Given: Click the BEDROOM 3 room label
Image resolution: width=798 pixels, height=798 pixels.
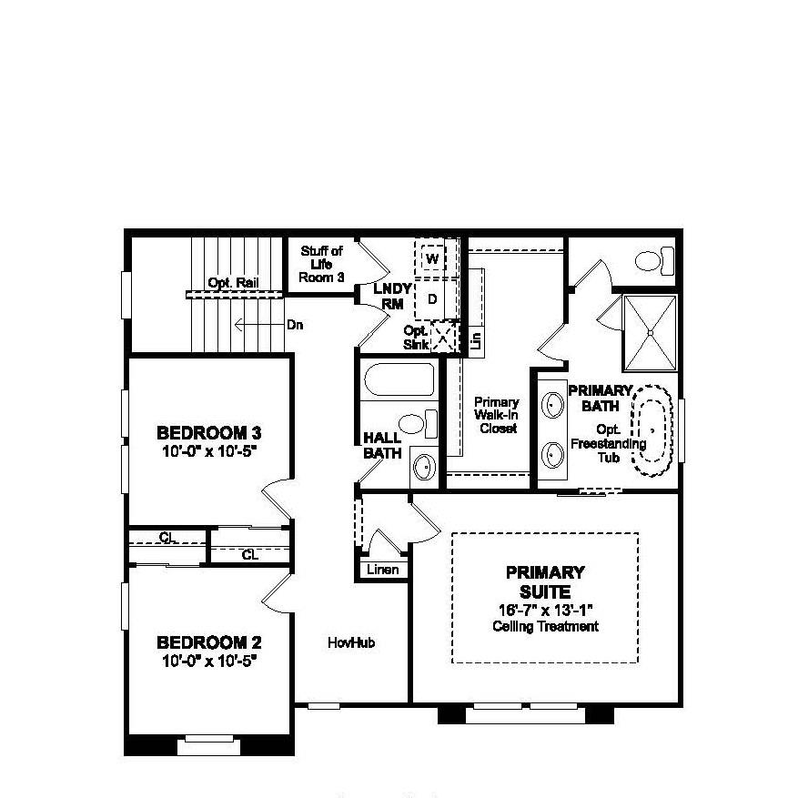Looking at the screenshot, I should [202, 432].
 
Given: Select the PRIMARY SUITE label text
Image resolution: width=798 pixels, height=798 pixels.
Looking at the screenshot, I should [545, 581].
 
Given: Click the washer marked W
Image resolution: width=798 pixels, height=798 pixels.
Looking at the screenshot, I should [432, 258].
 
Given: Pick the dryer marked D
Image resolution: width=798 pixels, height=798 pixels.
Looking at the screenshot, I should [432, 299].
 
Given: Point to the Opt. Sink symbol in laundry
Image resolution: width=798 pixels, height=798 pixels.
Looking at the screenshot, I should [443, 337].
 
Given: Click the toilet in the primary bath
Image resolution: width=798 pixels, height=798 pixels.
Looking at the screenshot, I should [652, 262].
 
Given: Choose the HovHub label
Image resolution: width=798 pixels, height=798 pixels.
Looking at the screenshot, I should [351, 642].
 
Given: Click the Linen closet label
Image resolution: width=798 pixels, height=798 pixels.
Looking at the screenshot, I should [382, 571].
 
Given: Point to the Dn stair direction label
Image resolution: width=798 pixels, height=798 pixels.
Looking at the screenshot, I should [295, 324].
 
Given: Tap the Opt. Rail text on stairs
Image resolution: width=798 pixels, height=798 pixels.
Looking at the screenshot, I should [233, 283].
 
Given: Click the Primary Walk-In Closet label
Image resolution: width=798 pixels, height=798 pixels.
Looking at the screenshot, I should [496, 415].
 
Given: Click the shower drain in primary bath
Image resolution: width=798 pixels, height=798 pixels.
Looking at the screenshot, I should [651, 333].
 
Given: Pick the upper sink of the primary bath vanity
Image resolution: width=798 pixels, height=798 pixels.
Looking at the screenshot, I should [553, 403].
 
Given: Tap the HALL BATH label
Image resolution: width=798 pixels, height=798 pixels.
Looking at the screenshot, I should [383, 445].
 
